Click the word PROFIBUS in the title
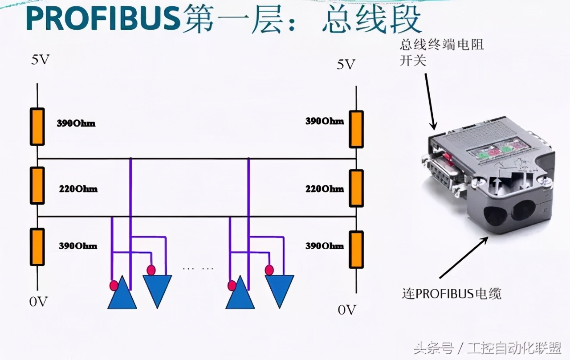102,19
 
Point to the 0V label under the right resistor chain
347,309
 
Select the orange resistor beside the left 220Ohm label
37,186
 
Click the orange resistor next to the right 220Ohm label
356,188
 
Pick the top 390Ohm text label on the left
76,123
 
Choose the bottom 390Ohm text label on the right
324,245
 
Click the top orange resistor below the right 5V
356,129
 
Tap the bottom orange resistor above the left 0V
37,246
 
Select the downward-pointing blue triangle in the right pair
280,289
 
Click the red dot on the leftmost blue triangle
114,285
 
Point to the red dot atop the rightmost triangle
269,270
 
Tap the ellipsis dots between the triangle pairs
198,269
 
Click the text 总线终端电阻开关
441,52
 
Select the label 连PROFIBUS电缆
452,294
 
